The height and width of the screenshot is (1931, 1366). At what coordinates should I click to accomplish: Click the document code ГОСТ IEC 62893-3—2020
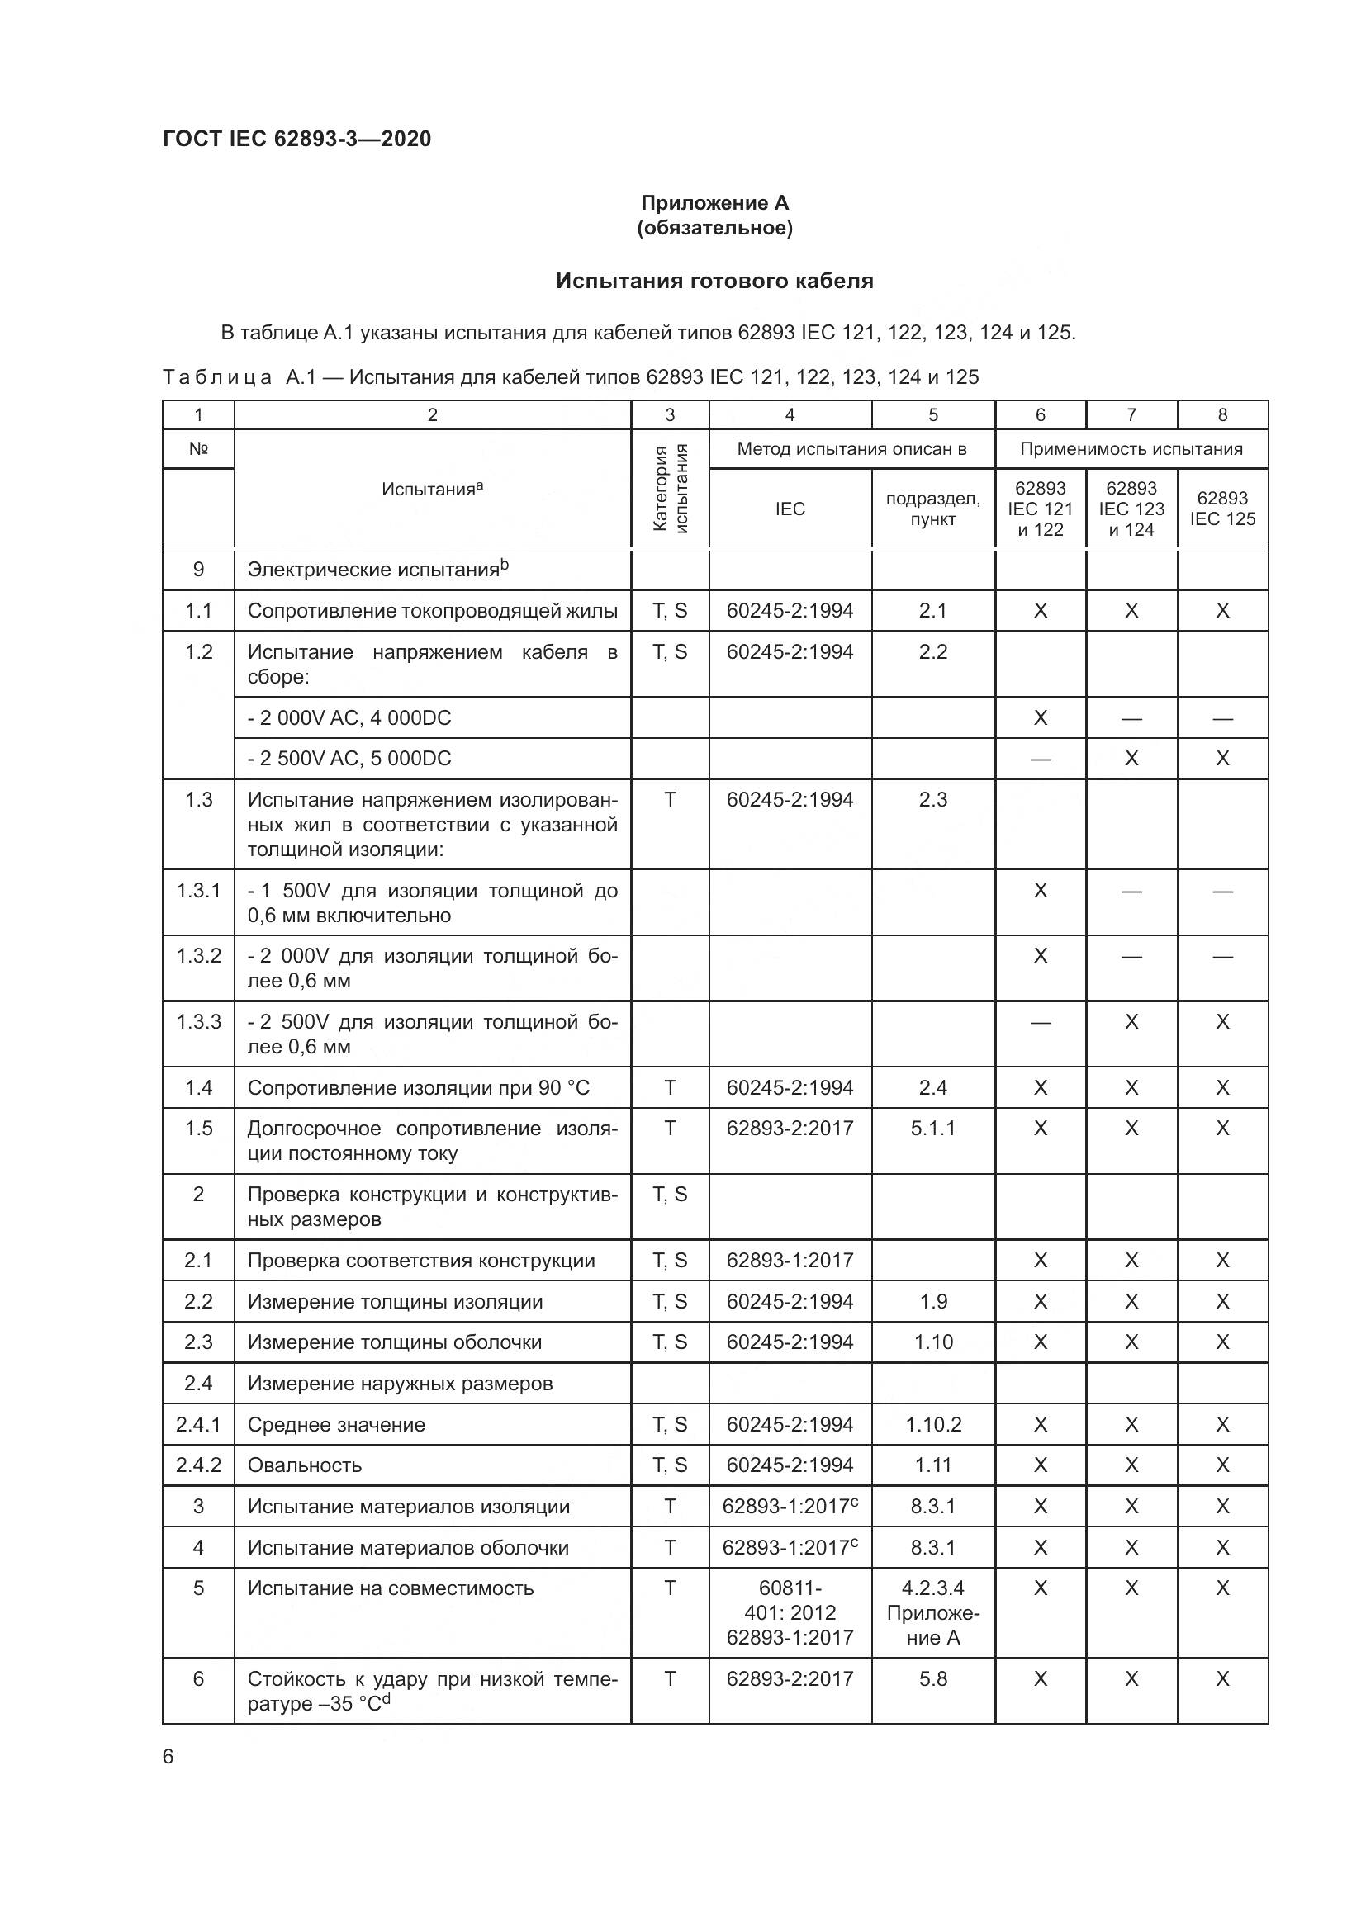pos(296,139)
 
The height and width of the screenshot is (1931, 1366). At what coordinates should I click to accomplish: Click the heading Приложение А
pos(714,203)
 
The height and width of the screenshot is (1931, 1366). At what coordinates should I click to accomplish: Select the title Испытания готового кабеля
pos(714,281)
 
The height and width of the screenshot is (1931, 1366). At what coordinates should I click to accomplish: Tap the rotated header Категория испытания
pos(670,489)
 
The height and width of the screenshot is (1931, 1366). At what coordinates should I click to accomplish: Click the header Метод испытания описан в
pos(851,449)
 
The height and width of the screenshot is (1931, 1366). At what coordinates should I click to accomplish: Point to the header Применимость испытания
pos(1131,449)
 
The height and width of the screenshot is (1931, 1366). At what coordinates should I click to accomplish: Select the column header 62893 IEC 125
pos(1221,509)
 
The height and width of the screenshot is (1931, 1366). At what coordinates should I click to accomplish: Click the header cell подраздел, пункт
pos(932,509)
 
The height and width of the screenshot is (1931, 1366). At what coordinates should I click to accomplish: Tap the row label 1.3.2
pos(198,955)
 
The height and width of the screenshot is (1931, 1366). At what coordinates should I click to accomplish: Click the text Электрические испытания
pos(373,570)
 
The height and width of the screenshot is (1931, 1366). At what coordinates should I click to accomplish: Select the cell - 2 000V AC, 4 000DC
pos(349,718)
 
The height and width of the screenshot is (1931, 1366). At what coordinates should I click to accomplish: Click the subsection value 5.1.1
pos(932,1128)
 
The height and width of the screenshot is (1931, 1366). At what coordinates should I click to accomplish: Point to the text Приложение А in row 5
pos(932,1626)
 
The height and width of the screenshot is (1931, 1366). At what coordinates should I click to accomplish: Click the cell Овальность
pos(305,1466)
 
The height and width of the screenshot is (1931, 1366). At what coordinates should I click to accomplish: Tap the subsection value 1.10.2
pos(932,1425)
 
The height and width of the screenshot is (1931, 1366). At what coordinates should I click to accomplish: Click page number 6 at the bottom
pos(168,1757)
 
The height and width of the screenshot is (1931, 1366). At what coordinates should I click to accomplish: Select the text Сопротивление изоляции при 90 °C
pos(418,1088)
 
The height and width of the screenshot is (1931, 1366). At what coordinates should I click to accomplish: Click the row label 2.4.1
pos(198,1425)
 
